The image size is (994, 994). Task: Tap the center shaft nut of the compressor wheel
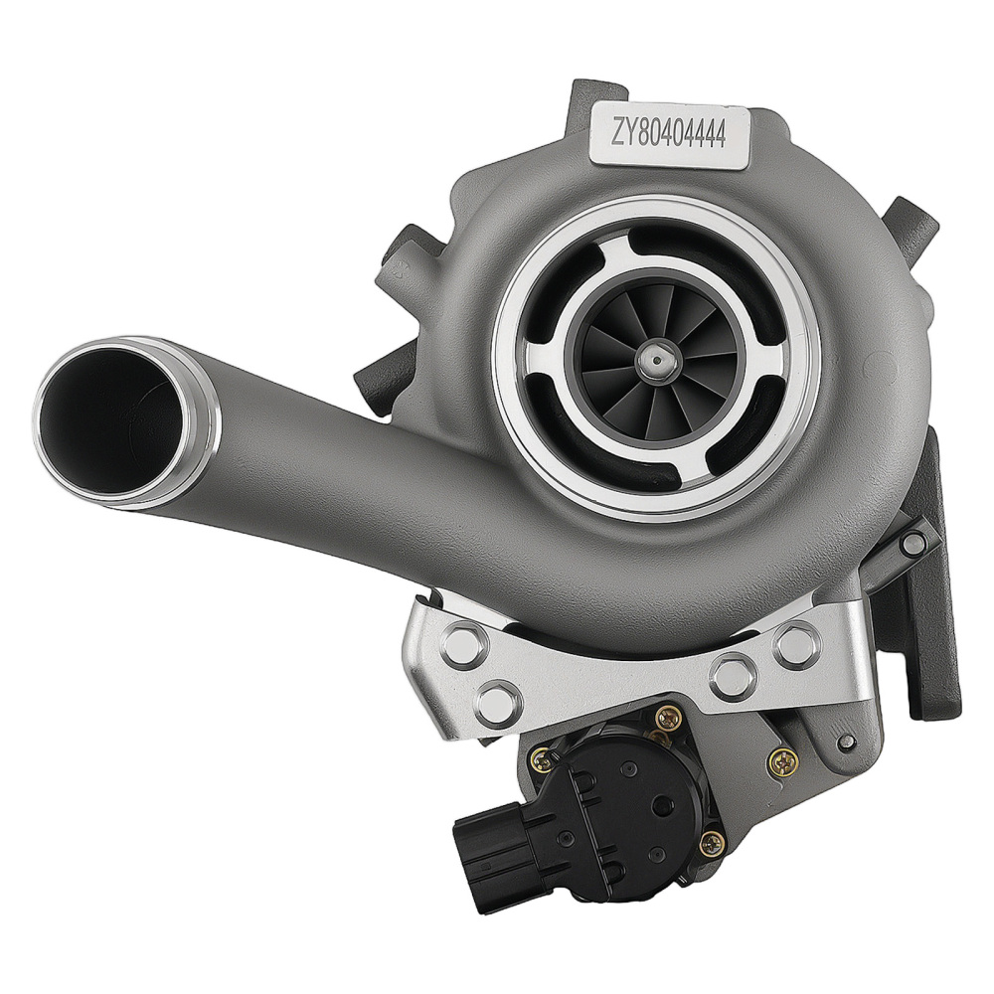656,356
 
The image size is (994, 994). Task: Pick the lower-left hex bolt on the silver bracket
494,702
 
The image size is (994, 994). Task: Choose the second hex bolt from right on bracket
735,676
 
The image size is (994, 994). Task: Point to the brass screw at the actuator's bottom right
713,844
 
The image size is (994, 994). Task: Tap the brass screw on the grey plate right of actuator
783,763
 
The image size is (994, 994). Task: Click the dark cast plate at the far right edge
934,636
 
